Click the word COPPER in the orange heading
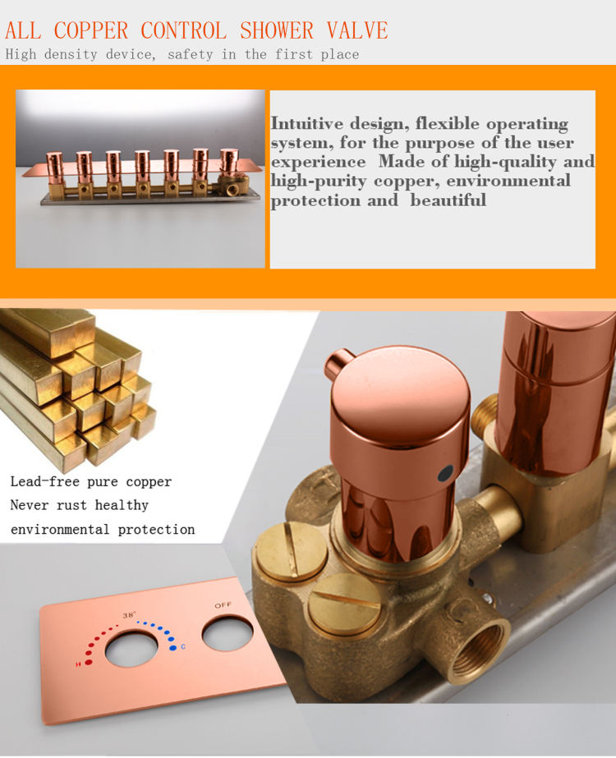[x=91, y=30]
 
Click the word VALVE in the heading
[x=357, y=30]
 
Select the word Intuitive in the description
[x=307, y=123]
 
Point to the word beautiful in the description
[x=448, y=200]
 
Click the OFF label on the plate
[x=223, y=605]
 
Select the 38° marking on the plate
[x=129, y=615]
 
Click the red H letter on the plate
[x=78, y=664]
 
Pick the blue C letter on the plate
[x=183, y=646]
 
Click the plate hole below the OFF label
[x=228, y=633]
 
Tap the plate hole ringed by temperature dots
[x=131, y=649]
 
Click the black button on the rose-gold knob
[x=445, y=473]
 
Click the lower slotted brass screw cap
[x=344, y=605]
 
